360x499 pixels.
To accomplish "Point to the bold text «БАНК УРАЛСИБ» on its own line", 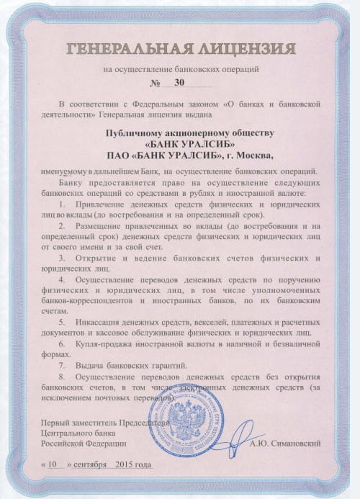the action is pos(180,143).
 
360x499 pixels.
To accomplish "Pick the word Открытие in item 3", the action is pos(95,256).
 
